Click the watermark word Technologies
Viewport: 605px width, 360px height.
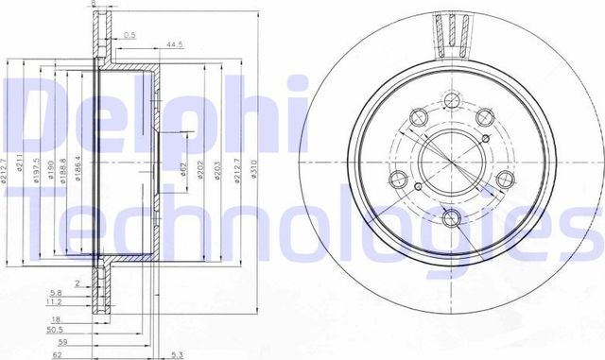click(302, 227)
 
